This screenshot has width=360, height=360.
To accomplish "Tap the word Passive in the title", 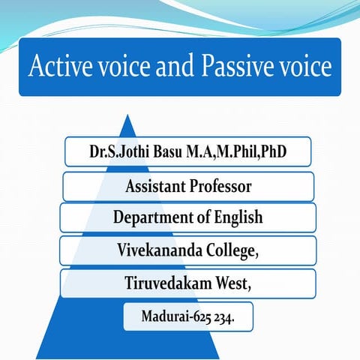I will point(232,67).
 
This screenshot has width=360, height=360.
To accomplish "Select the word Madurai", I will point(165,316).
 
